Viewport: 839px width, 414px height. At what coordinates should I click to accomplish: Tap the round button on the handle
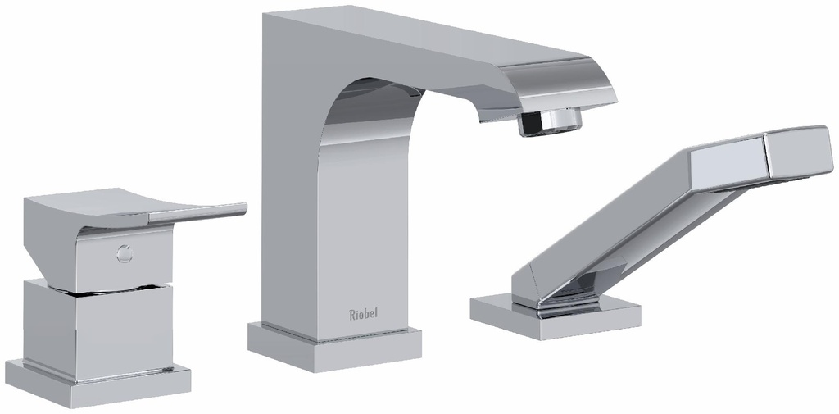click(125, 254)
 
